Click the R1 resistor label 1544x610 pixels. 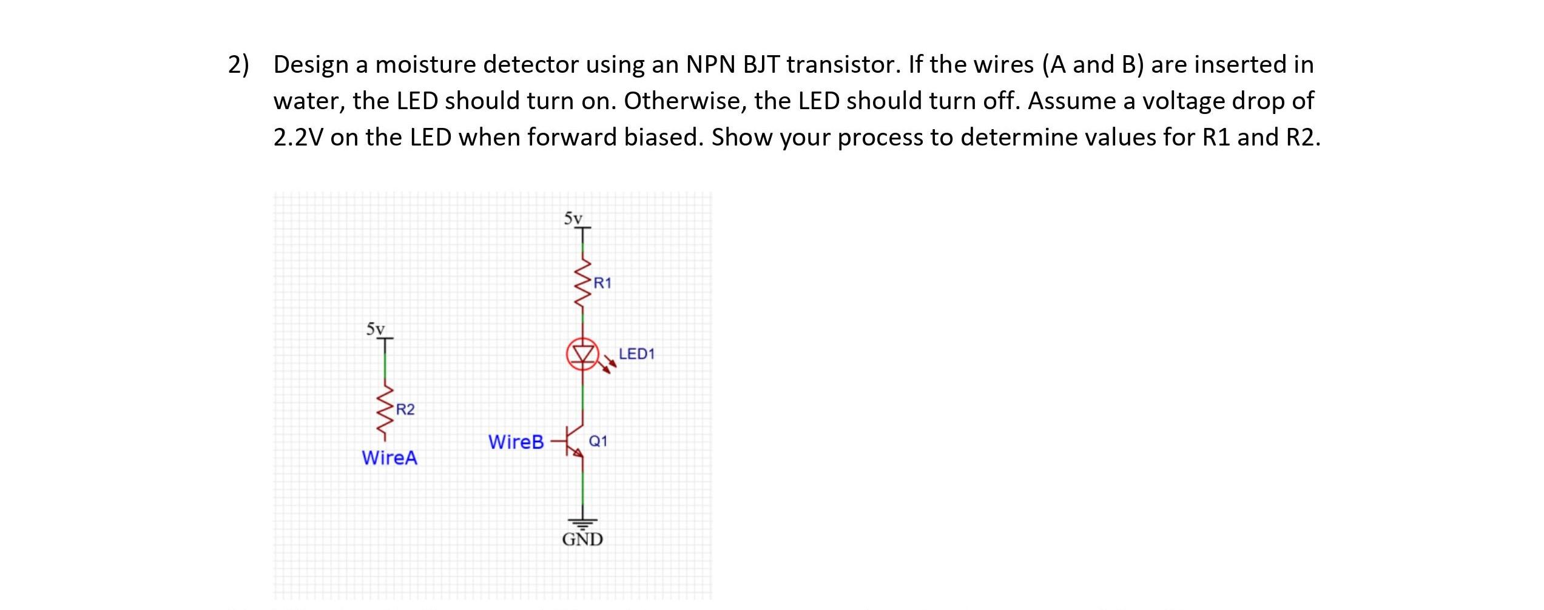coord(602,283)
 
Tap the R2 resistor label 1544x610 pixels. coord(405,410)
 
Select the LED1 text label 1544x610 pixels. coord(636,354)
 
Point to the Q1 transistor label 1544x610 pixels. coord(598,441)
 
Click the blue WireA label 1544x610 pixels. coord(389,458)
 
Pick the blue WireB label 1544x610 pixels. coord(516,442)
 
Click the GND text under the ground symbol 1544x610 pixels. coord(582,539)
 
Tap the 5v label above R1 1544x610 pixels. coord(573,218)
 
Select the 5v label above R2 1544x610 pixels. coord(376,329)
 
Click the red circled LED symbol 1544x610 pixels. coord(583,354)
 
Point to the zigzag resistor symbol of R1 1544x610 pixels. coord(583,284)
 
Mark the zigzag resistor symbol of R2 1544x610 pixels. coord(385,411)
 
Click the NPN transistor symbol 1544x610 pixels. coord(574,441)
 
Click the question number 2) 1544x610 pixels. coord(238,64)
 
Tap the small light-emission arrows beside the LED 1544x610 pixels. coord(608,366)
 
